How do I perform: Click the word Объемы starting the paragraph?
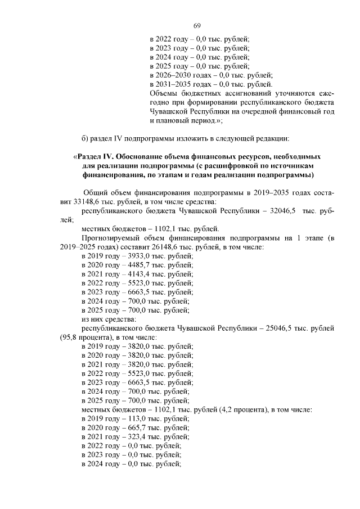click(x=164, y=93)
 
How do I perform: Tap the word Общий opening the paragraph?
click(x=96, y=192)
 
